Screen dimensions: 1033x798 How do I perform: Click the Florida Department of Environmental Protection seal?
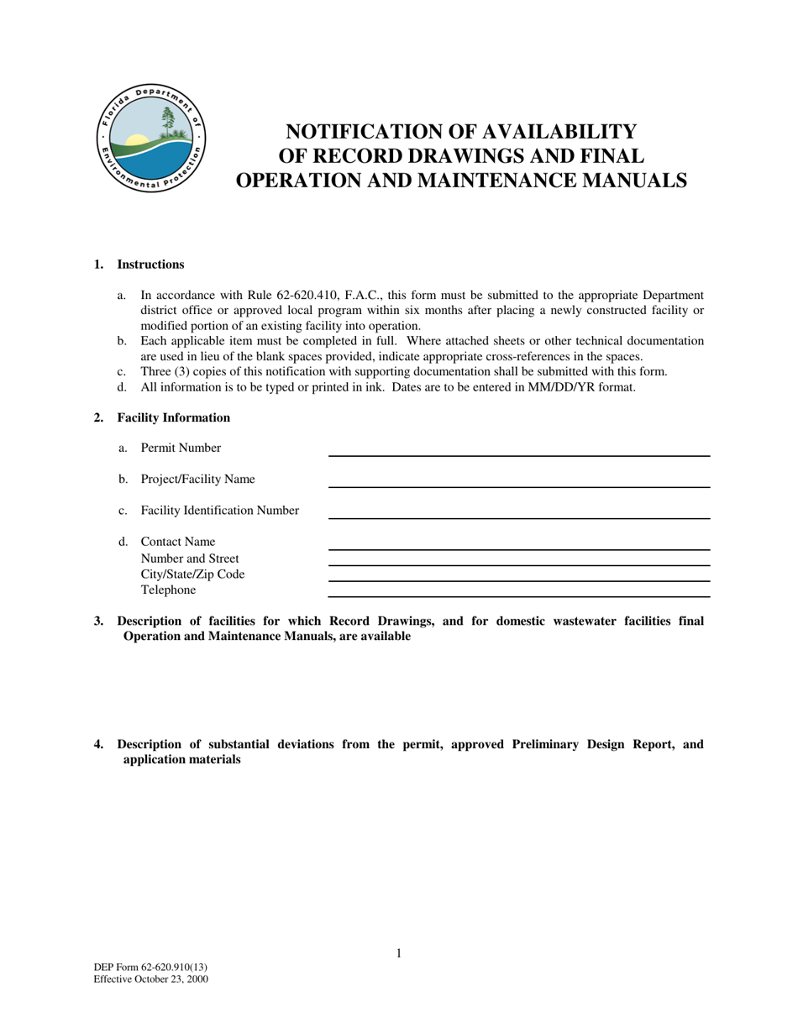[150, 138]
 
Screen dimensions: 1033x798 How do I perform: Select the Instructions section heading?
[150, 265]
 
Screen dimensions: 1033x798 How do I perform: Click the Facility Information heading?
[173, 417]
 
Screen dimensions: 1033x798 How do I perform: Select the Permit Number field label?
[181, 448]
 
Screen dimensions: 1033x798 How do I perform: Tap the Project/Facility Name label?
[197, 479]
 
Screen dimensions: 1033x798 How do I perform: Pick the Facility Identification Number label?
[219, 511]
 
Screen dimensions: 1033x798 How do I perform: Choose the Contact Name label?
[178, 542]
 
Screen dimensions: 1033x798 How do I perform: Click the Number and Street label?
[190, 558]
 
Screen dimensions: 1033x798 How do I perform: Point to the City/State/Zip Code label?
[192, 574]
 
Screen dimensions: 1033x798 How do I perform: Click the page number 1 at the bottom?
[399, 952]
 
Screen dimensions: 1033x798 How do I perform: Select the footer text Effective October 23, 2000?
[151, 979]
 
